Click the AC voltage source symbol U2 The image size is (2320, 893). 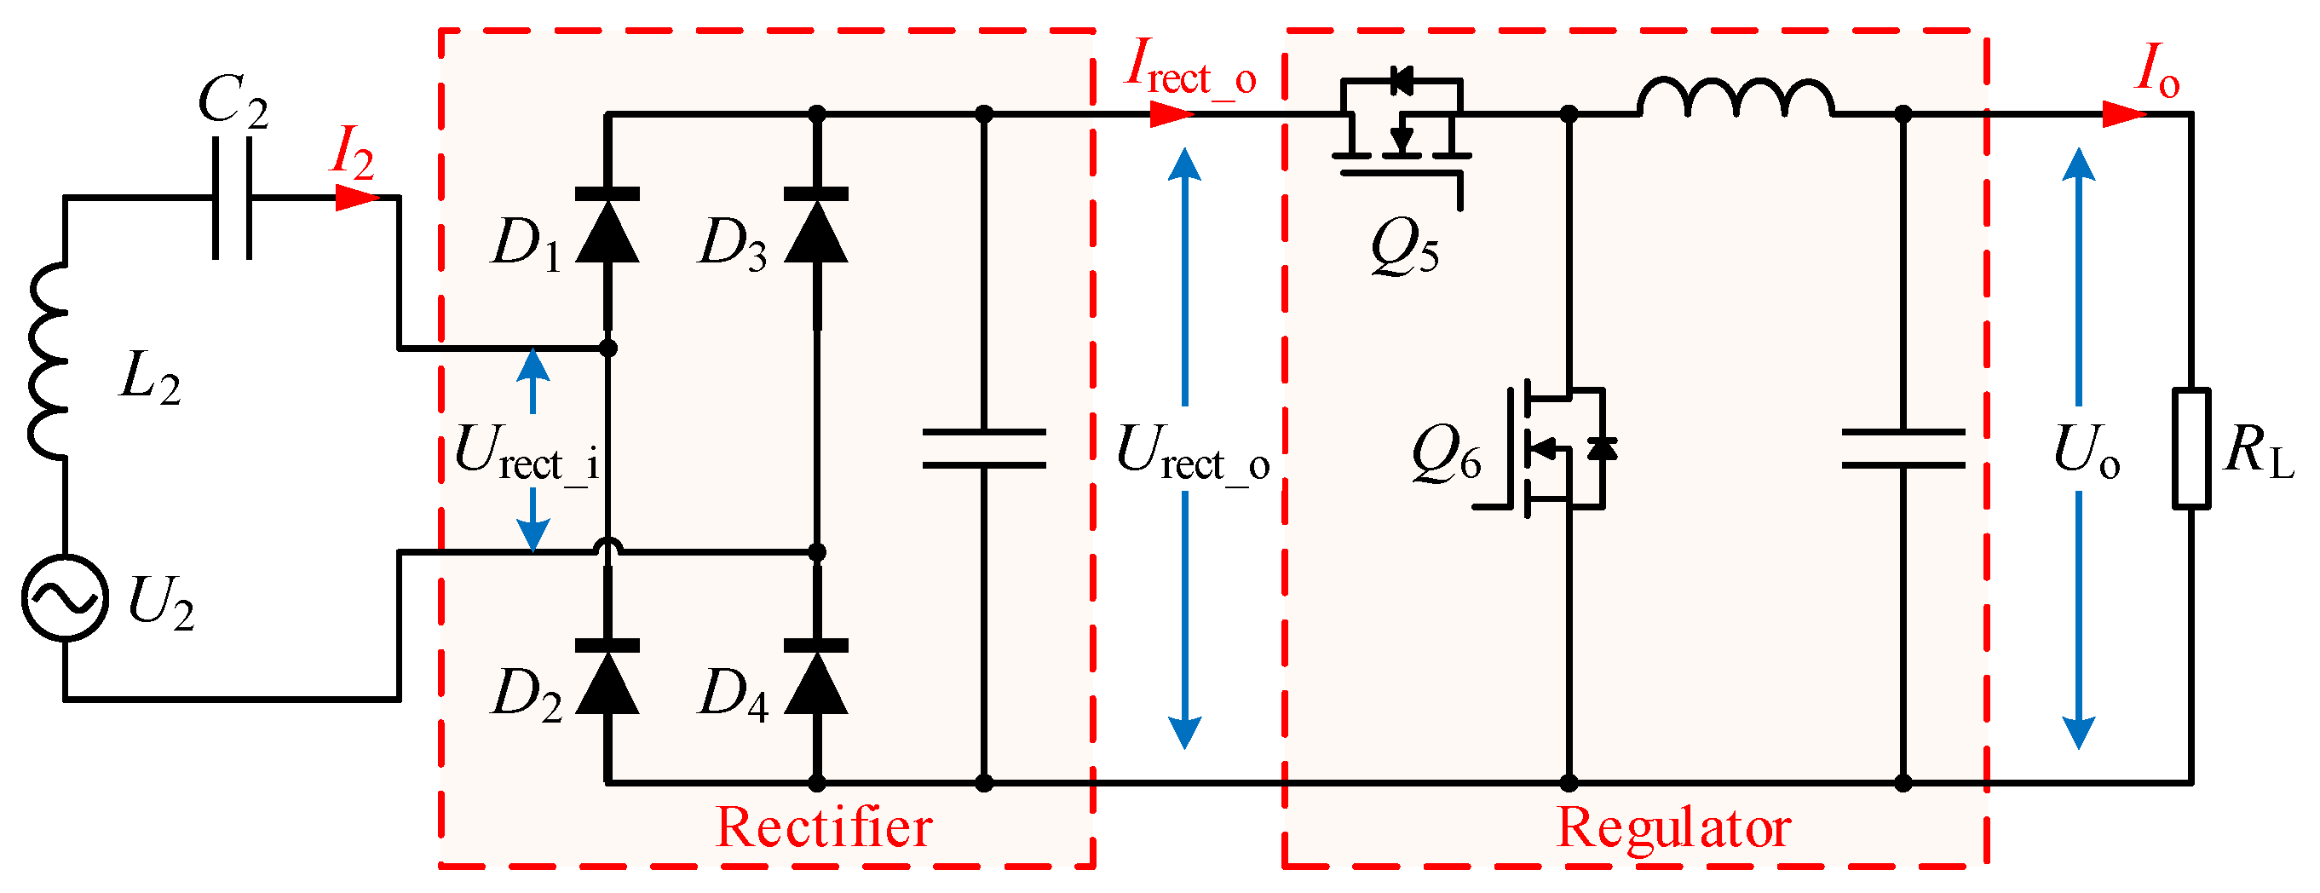[65, 597]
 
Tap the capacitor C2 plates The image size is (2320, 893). [232, 198]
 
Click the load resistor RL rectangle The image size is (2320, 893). [2190, 448]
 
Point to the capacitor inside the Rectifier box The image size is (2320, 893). [983, 448]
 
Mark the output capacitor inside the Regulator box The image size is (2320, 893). [1903, 448]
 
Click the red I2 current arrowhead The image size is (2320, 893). [357, 198]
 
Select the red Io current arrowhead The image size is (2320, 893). [2124, 114]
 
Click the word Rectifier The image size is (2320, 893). [823, 827]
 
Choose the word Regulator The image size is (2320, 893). [1673, 827]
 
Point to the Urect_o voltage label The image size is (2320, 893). [1190, 452]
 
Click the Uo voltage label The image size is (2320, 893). [2086, 452]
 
